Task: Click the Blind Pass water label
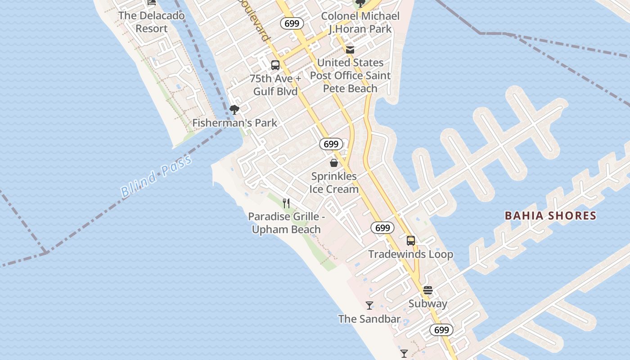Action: [156, 175]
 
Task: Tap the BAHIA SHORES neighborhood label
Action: [550, 216]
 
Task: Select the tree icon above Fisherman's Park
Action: [234, 109]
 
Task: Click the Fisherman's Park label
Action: [234, 123]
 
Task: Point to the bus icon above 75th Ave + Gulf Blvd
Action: [275, 65]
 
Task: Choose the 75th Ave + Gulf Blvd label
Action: [275, 85]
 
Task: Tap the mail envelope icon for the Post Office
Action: [350, 50]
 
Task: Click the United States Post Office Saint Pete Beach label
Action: [350, 76]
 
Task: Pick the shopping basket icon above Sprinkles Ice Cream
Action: [334, 163]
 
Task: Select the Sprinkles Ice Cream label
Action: [334, 183]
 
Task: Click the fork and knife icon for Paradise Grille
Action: [286, 203]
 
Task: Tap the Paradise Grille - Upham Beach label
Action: [286, 223]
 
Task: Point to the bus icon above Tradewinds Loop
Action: [411, 241]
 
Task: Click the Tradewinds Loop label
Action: [411, 254]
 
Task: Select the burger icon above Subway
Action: [428, 290]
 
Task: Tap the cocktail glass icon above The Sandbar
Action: [369, 306]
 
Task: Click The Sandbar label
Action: [369, 319]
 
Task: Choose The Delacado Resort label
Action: [152, 22]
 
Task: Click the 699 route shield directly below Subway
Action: [441, 330]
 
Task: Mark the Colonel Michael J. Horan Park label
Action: [360, 22]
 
